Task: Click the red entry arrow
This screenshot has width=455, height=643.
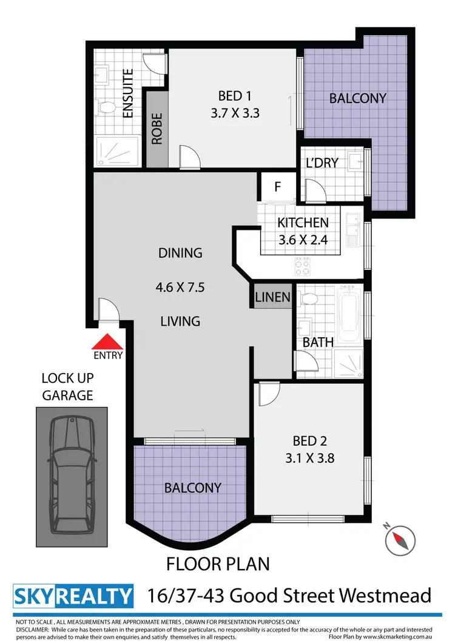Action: click(x=107, y=343)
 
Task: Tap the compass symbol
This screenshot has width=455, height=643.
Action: click(x=401, y=537)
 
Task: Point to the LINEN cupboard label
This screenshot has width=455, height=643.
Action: click(x=273, y=297)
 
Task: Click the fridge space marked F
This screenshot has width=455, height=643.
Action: click(x=277, y=186)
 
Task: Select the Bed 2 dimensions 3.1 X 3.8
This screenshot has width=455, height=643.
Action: click(x=310, y=458)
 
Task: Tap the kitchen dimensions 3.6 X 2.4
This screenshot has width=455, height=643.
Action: click(x=303, y=239)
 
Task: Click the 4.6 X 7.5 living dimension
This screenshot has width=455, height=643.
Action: click(x=180, y=287)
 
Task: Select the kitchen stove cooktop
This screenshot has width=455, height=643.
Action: click(x=303, y=265)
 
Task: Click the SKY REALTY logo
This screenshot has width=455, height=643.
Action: click(x=73, y=596)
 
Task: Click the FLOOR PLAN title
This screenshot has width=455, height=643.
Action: click(x=218, y=564)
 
